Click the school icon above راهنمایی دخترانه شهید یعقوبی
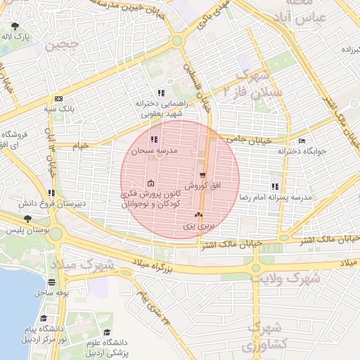pyautogui.click(x=161, y=93)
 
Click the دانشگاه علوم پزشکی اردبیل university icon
pyautogui.click(x=108, y=333)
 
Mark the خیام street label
pyautogui.click(x=82, y=144)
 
